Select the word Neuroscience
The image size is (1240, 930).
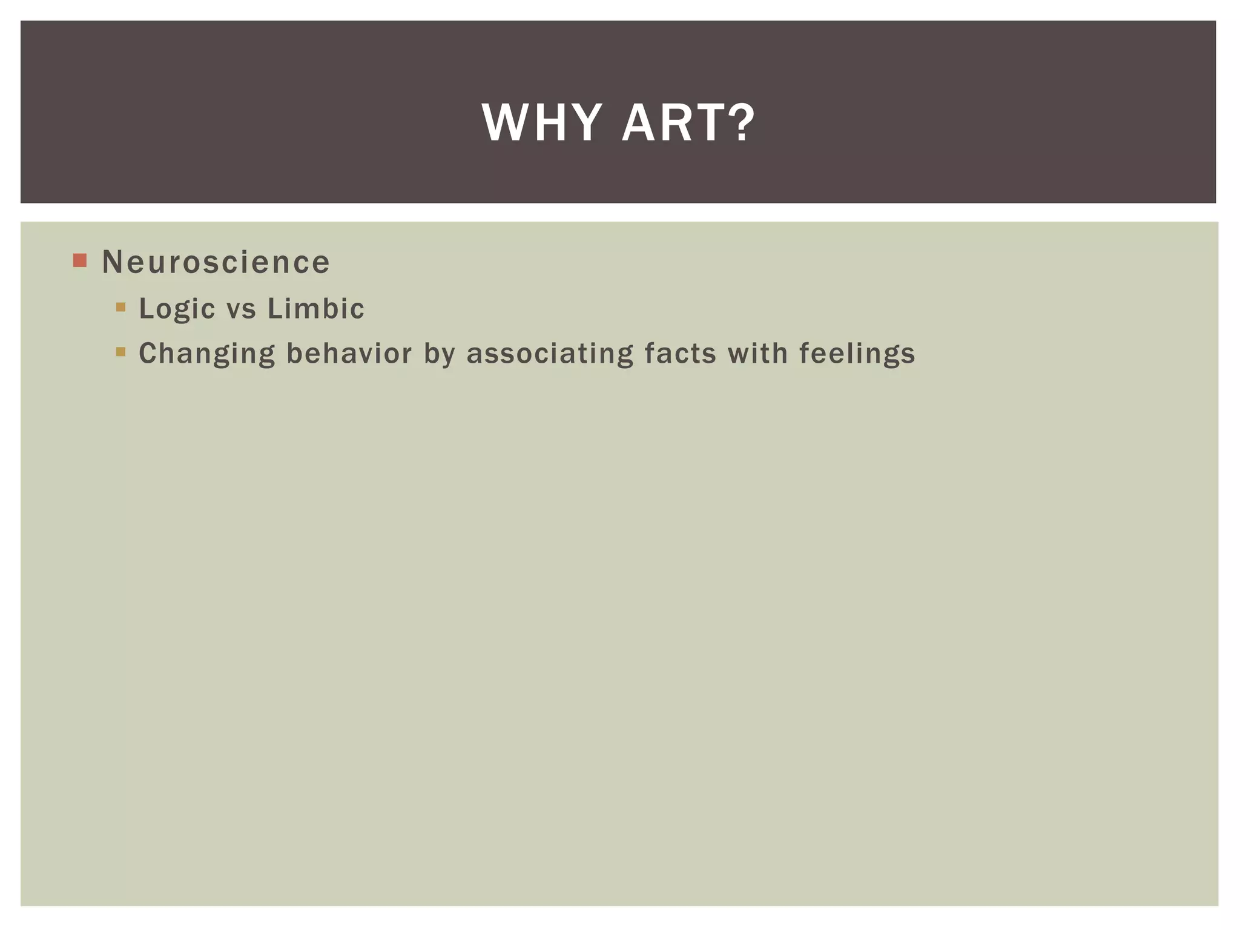216,262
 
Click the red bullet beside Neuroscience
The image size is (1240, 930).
80,261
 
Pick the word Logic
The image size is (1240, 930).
177,309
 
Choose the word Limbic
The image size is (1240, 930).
315,309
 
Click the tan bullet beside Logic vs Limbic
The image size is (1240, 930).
120,307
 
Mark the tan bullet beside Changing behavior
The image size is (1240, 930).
120,352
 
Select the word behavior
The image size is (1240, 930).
349,353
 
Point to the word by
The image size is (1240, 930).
439,354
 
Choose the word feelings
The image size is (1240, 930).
857,354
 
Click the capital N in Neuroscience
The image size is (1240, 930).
113,262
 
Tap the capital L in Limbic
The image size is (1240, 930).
274,309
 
